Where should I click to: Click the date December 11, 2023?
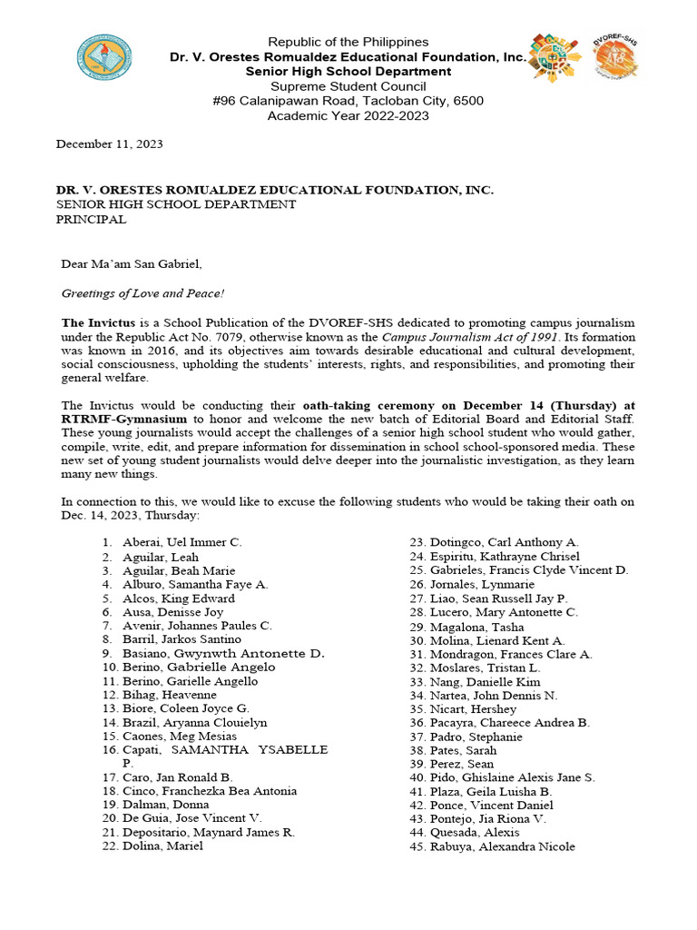coord(110,144)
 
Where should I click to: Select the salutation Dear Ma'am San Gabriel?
coord(132,264)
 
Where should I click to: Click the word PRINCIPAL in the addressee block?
coord(92,220)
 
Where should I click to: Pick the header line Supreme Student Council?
coord(348,85)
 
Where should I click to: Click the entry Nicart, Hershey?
coord(473,708)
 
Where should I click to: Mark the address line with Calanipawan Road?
coord(348,100)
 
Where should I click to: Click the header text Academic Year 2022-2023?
coord(348,115)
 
